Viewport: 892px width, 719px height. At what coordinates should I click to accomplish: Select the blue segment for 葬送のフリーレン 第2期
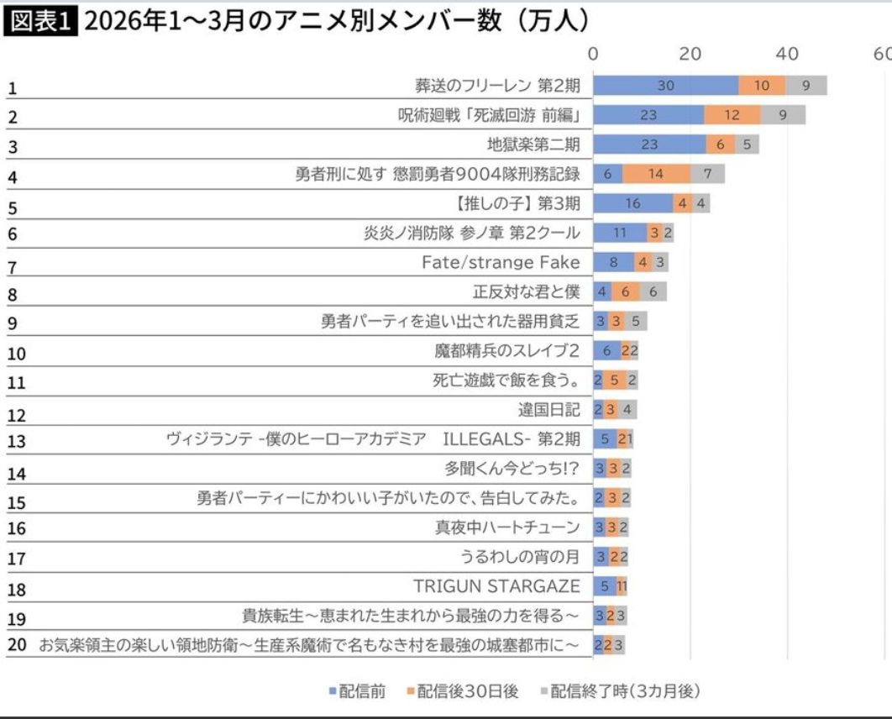[665, 86]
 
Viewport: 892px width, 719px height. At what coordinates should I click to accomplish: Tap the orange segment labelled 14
[656, 174]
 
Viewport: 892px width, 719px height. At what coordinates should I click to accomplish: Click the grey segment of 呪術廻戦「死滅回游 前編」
[783, 115]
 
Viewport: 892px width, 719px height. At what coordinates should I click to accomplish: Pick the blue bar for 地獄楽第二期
[649, 144]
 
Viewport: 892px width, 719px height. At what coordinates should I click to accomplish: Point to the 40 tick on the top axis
[787, 54]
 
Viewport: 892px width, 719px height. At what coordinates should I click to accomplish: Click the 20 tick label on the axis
[690, 54]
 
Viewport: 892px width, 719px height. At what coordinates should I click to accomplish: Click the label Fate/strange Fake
[501, 262]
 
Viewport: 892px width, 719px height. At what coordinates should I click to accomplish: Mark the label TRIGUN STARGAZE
[496, 585]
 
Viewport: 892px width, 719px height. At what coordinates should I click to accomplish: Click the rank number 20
[17, 645]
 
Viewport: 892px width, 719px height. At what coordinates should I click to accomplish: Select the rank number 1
[12, 87]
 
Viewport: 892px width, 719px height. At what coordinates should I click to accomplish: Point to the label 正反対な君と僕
[526, 291]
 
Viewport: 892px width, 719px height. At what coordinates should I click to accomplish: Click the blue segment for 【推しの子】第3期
[632, 203]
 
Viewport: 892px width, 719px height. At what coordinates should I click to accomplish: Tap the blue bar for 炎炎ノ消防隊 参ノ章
[620, 233]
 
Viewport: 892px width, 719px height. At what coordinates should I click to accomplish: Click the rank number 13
[17, 440]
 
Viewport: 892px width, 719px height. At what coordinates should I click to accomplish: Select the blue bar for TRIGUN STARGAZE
[604, 585]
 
